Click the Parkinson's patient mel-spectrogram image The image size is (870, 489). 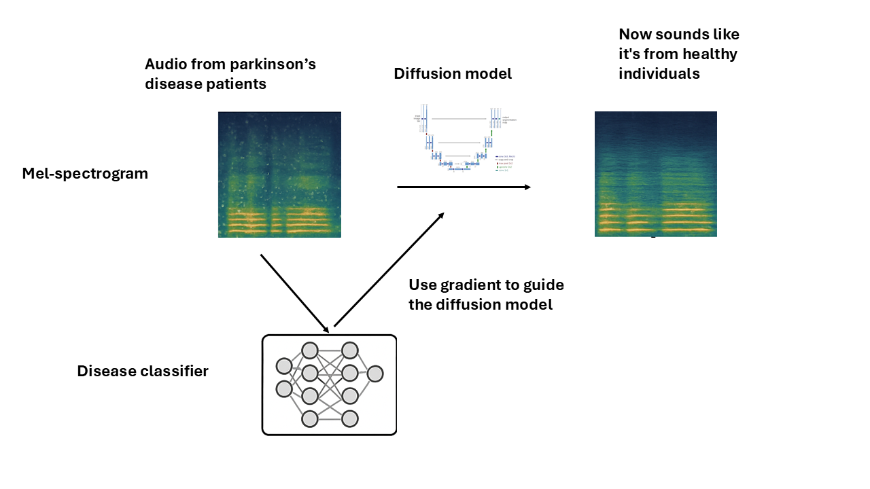pyautogui.click(x=279, y=175)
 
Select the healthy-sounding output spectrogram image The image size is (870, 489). pyautogui.click(x=655, y=174)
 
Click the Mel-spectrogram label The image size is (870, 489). pyautogui.click(x=85, y=173)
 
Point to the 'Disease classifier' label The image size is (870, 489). pyautogui.click(x=143, y=372)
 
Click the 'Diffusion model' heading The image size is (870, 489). pyautogui.click(x=453, y=73)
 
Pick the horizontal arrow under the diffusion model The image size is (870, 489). pyautogui.click(x=464, y=187)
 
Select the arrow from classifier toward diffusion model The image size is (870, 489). pyautogui.click(x=389, y=269)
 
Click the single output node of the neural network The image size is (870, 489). pyautogui.click(x=375, y=374)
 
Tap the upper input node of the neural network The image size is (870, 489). pyautogui.click(x=284, y=367)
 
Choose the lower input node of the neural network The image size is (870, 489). pyautogui.click(x=284, y=389)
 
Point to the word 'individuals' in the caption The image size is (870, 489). pyautogui.click(x=659, y=73)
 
